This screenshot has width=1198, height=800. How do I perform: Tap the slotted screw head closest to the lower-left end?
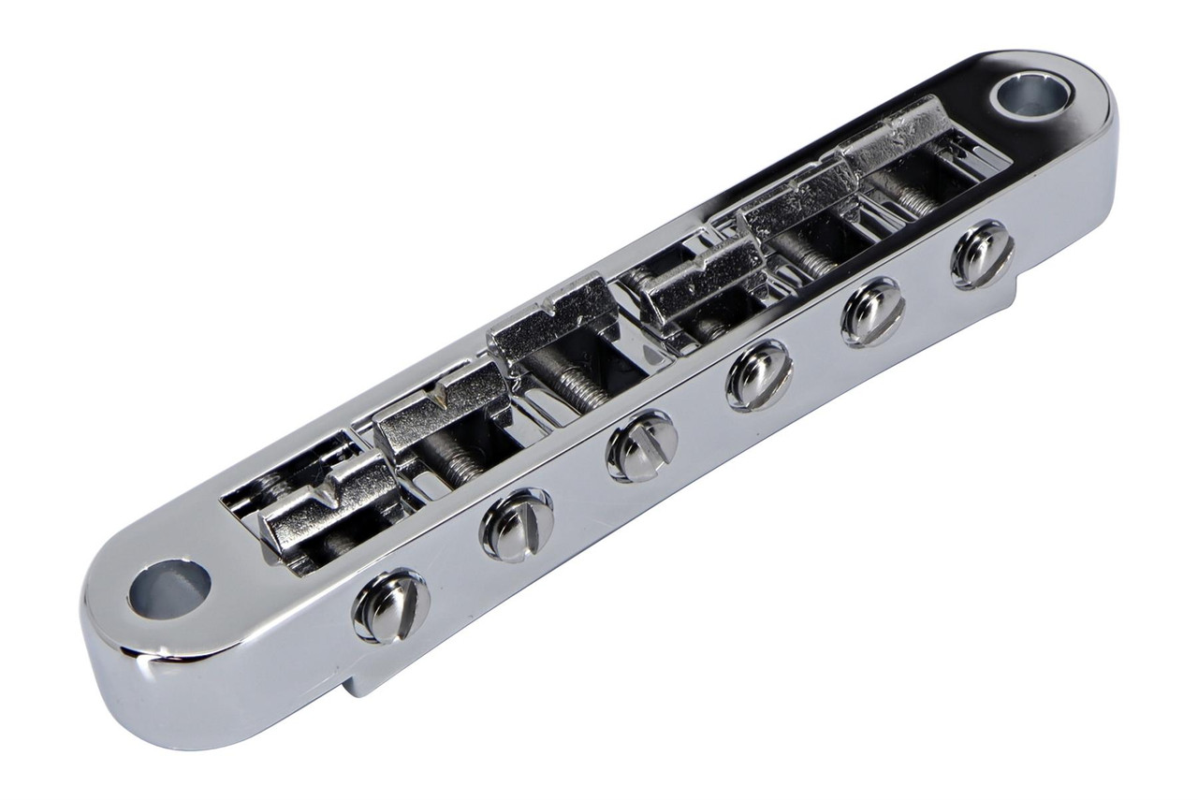(390, 605)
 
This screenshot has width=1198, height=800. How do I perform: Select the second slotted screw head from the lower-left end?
(516, 524)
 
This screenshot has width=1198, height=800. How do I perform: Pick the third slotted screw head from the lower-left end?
(641, 445)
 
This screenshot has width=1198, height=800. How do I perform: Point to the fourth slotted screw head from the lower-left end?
(758, 376)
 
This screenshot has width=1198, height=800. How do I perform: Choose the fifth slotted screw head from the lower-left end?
(872, 311)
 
